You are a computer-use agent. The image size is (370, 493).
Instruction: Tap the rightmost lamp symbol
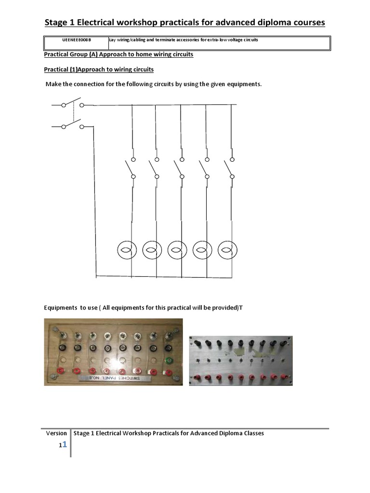coord(228,249)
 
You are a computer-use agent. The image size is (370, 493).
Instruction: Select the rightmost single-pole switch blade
coord(228,169)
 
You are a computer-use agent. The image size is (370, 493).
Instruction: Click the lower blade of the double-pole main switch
coord(72,125)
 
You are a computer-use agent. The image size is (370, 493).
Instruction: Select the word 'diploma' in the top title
coord(275,23)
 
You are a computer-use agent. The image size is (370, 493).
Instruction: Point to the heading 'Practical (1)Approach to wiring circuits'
coord(99,70)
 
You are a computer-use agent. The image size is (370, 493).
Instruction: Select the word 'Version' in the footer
coord(56,433)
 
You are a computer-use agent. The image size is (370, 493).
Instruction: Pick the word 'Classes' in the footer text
coord(251,433)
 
